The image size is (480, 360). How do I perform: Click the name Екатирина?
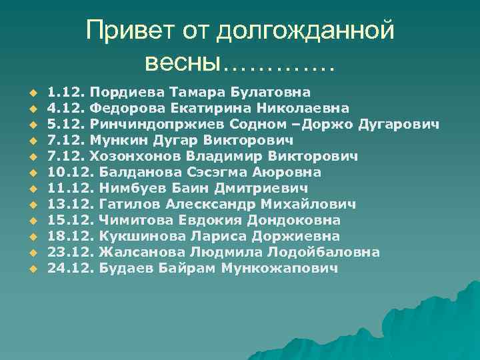point(187,108)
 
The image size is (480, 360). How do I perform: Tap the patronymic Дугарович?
point(398,124)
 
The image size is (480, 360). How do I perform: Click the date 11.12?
point(70,188)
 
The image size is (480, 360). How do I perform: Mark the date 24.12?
point(70,268)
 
